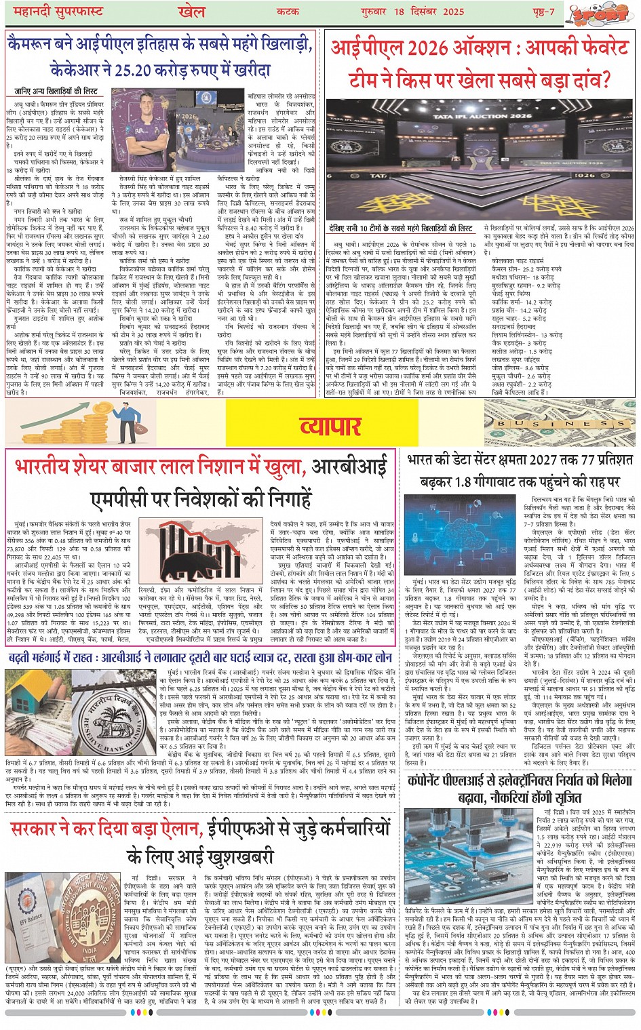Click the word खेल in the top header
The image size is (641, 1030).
(192, 12)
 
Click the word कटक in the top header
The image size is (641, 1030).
(288, 12)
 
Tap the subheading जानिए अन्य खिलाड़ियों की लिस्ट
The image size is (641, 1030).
(56, 91)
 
